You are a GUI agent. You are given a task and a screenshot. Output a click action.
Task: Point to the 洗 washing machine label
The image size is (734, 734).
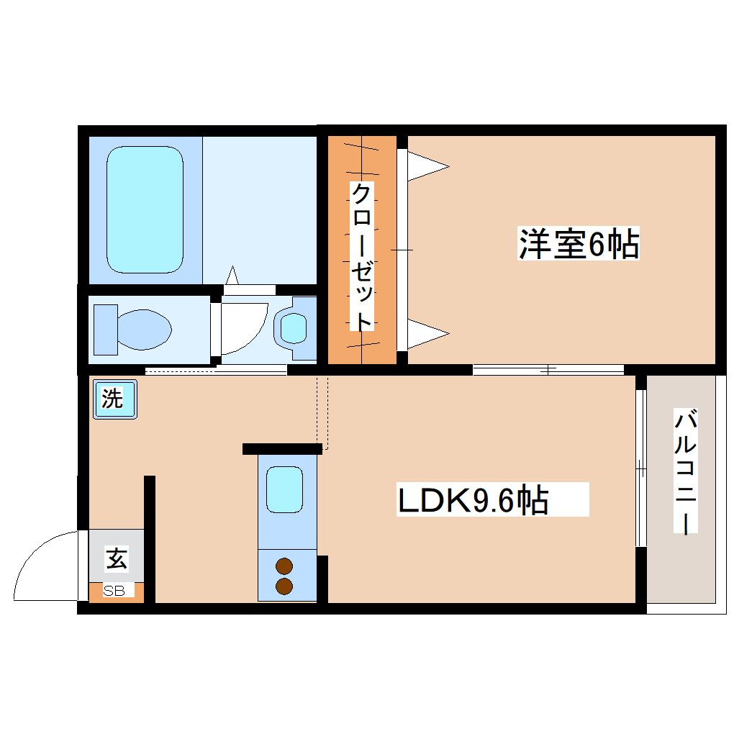[112, 398]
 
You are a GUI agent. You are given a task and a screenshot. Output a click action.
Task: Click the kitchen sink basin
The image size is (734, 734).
[285, 489]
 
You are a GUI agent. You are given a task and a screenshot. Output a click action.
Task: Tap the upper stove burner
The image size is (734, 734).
[285, 566]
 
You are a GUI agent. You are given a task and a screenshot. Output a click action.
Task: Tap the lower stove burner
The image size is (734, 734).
[285, 586]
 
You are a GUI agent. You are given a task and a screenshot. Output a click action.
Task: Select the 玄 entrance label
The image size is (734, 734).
[117, 558]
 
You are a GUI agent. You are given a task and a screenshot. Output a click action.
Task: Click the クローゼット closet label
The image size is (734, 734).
[363, 256]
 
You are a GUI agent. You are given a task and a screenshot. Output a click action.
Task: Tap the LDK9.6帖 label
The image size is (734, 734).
[474, 500]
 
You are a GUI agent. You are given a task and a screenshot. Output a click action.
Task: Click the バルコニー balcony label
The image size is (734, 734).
[686, 471]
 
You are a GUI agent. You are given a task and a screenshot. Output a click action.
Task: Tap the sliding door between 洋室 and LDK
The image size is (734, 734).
[548, 370]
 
